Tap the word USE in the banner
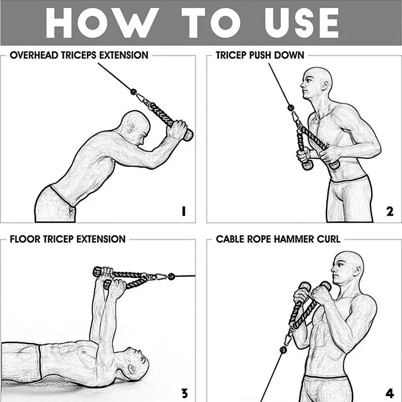click(x=301, y=23)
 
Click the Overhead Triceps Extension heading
click(x=79, y=55)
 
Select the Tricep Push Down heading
click(x=260, y=55)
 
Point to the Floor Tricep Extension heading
click(x=67, y=239)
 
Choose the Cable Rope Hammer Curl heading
click(x=278, y=239)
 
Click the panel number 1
click(x=184, y=212)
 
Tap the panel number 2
click(x=390, y=212)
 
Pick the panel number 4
click(x=390, y=393)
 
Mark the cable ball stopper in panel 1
click(x=134, y=92)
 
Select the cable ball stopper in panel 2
click(x=290, y=107)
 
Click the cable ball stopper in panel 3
click(x=171, y=276)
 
